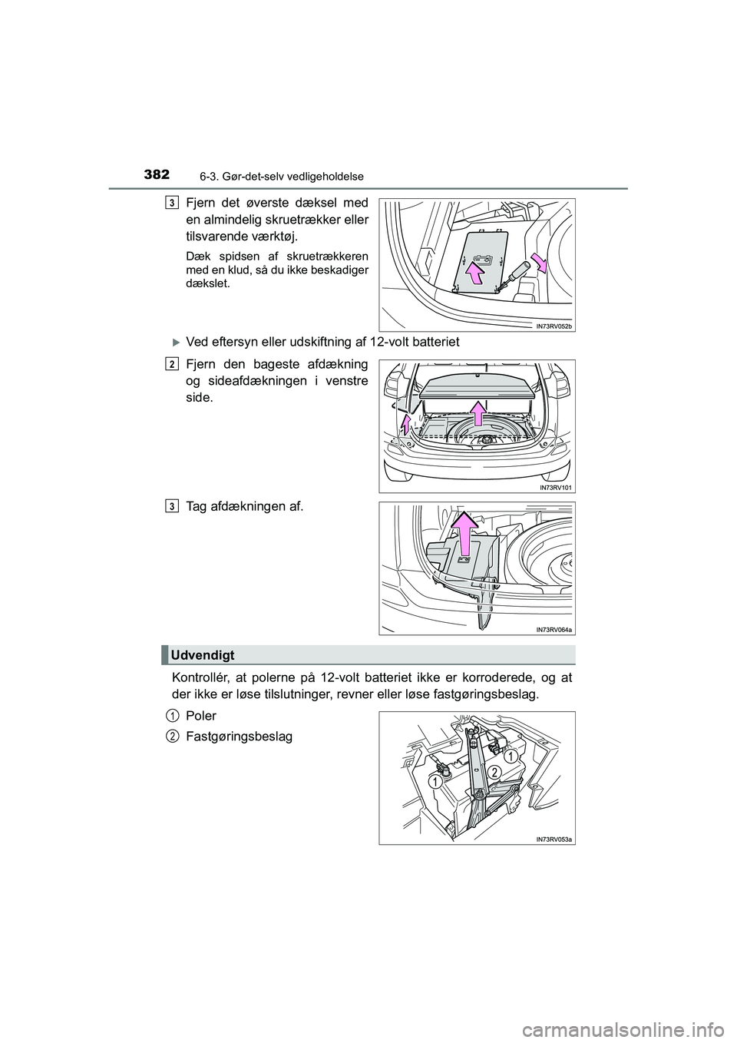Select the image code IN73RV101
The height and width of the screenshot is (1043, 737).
click(556, 487)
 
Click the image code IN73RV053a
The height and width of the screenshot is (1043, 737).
click(554, 839)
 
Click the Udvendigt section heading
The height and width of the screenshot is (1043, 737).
click(203, 654)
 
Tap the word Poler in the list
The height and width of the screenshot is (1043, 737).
click(201, 715)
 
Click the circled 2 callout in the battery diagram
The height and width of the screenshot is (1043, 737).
click(496, 770)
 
